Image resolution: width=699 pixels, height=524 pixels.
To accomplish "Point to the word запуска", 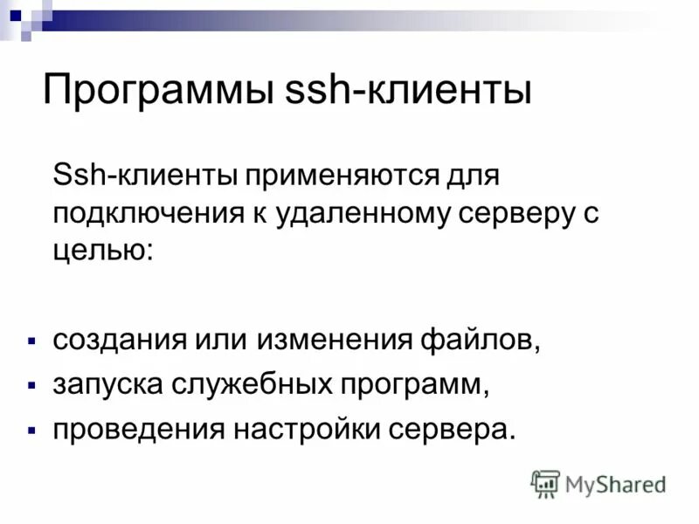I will pos(104,383).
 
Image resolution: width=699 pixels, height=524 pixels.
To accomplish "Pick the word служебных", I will pos(250,383).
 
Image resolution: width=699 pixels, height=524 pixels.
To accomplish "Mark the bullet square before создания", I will pos(31,338).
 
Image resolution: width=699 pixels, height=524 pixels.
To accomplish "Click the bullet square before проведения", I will pos(31,429).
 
